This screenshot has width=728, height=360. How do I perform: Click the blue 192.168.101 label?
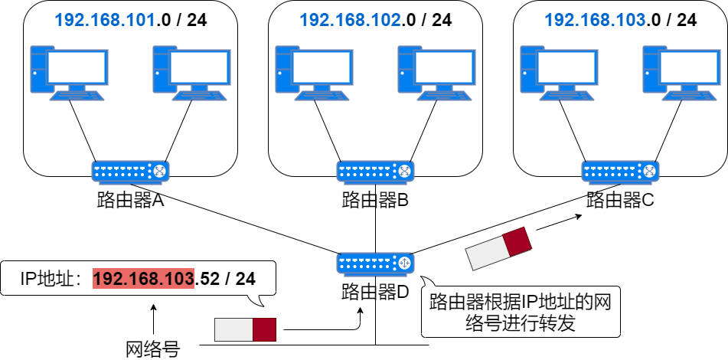(105, 20)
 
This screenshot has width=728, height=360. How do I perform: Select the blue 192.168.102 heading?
(350, 20)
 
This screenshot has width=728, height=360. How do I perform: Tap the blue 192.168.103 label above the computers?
(595, 20)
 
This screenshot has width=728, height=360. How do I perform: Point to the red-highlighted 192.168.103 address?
(143, 278)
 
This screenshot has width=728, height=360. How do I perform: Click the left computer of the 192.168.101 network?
(69, 73)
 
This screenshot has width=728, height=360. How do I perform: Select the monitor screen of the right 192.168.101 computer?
(199, 67)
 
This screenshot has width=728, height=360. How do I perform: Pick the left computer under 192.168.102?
(314, 73)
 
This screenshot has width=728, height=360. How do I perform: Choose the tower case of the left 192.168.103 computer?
(527, 69)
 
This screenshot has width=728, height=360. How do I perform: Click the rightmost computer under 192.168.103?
(681, 73)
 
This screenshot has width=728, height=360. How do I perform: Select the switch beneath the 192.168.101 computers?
(130, 172)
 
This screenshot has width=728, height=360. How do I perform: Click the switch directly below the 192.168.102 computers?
(375, 172)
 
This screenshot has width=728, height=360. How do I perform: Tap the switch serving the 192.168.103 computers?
(620, 172)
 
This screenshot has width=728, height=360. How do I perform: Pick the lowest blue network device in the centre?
(375, 263)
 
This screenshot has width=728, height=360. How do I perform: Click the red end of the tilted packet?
(517, 241)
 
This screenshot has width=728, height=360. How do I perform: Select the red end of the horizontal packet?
(264, 329)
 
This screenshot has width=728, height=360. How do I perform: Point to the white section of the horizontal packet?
(233, 329)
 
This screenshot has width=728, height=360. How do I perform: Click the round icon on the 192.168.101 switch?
(159, 171)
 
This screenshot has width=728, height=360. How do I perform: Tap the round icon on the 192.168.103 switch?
(649, 171)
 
